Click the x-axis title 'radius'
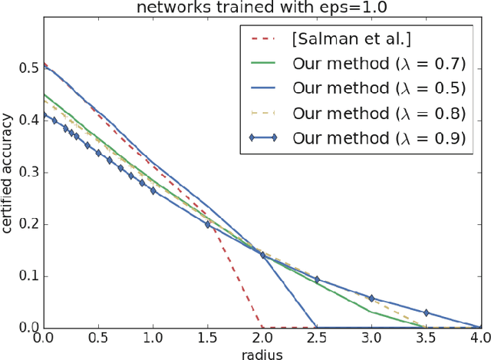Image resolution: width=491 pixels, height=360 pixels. click(262, 352)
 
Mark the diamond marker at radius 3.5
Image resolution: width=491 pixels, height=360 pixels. click(427, 313)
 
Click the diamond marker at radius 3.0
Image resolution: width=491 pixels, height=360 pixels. click(372, 298)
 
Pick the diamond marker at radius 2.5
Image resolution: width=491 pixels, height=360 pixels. click(317, 279)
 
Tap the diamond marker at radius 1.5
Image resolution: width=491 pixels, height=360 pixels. click(208, 225)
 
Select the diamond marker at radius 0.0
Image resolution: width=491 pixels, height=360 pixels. click(44, 115)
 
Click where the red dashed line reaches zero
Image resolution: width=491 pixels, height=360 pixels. click(262, 328)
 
